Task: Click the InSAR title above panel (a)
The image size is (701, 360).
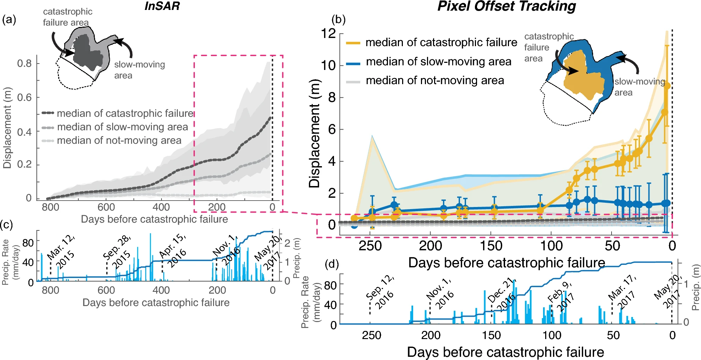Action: [x=162, y=6]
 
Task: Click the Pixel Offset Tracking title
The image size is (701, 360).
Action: [x=506, y=6]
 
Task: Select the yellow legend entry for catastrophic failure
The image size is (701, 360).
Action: [x=432, y=43]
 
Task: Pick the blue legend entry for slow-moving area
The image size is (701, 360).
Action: [x=429, y=62]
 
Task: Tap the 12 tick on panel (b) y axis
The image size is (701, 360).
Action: [x=328, y=34]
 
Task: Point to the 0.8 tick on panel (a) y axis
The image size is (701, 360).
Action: [x=24, y=63]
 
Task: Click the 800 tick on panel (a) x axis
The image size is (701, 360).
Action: [x=50, y=207]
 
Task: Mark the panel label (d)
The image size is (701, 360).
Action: [x=333, y=264]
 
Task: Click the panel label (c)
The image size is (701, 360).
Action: [x=7, y=224]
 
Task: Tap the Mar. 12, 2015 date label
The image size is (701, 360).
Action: [x=61, y=251]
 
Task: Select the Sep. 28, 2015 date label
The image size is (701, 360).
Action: [x=117, y=251]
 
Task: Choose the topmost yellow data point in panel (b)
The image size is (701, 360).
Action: [x=667, y=86]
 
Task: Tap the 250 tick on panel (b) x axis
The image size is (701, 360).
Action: [x=370, y=246]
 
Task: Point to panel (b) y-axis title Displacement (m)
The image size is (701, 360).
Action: [x=314, y=133]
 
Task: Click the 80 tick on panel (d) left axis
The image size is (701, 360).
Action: [x=330, y=285]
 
